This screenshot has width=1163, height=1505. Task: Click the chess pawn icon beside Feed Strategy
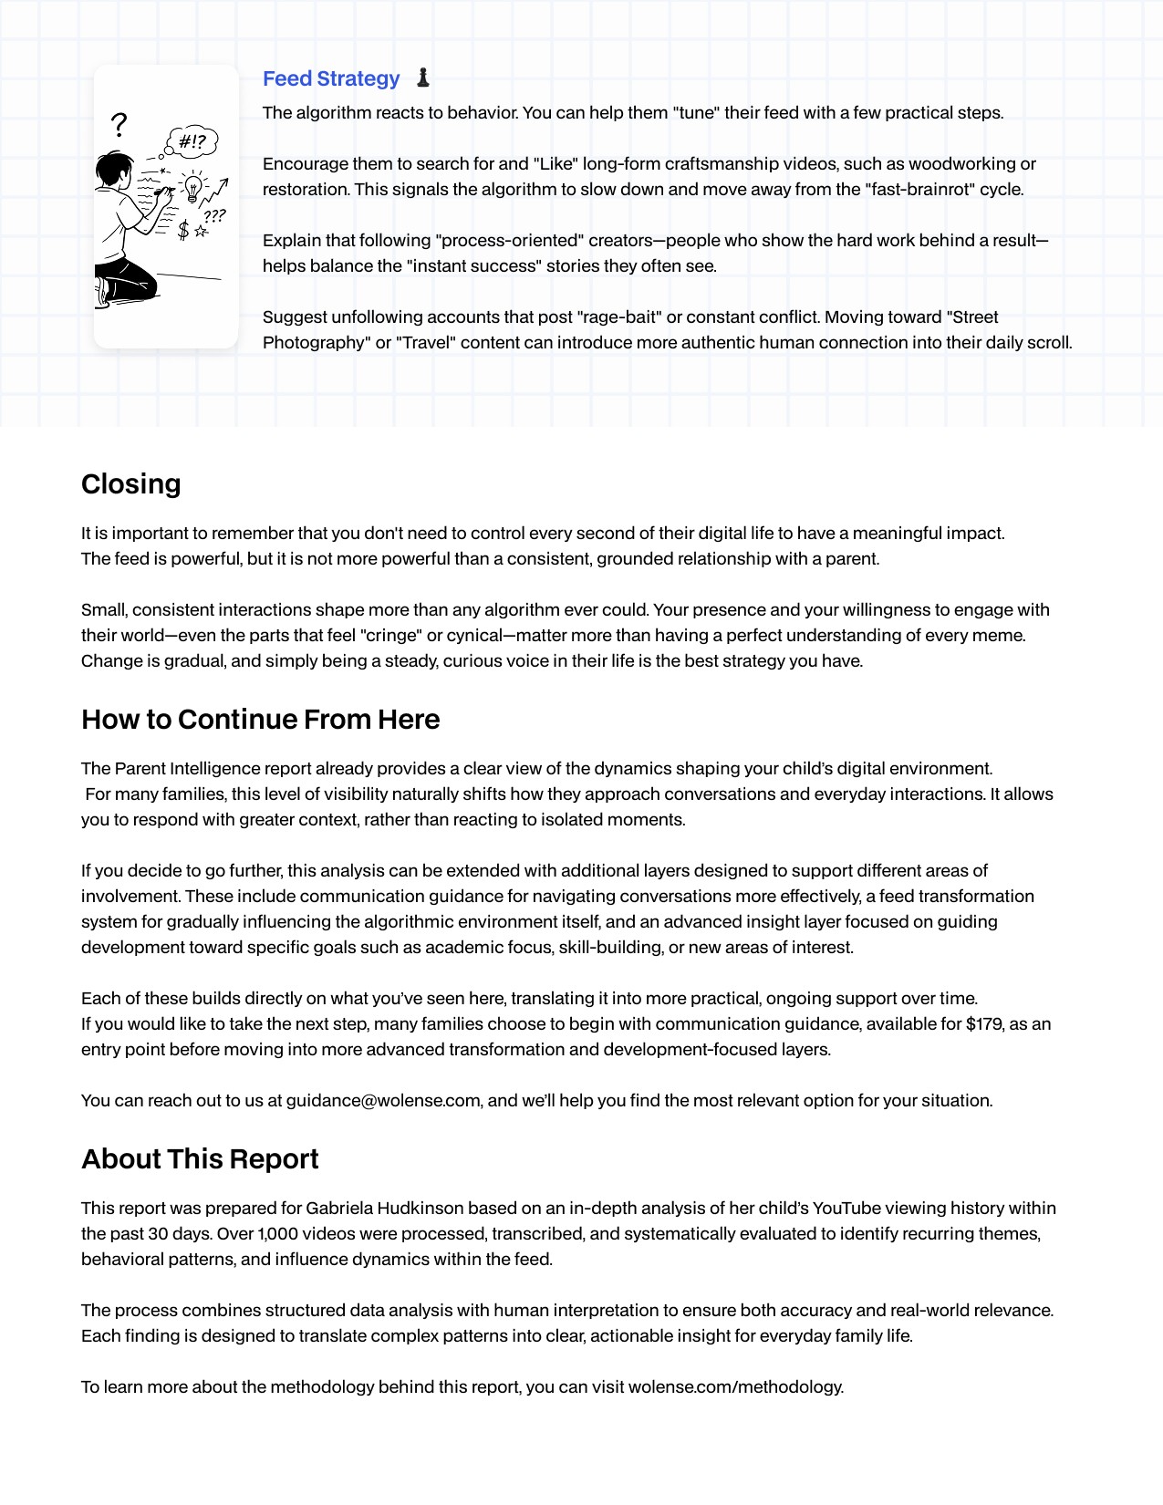click(x=422, y=78)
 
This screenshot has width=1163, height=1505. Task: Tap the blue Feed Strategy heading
click(x=331, y=79)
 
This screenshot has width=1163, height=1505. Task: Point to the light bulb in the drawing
click(x=193, y=187)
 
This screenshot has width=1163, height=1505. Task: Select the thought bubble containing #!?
click(x=192, y=141)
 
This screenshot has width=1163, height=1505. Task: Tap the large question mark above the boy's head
click(x=119, y=124)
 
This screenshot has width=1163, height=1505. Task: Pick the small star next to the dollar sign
click(x=202, y=232)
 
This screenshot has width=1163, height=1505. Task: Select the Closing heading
click(x=131, y=484)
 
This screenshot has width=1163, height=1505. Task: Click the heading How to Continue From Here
click(x=261, y=720)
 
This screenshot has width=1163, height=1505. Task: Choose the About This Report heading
click(x=200, y=1159)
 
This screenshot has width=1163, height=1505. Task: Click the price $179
click(x=983, y=1024)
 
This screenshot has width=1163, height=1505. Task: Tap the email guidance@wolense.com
click(x=383, y=1101)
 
